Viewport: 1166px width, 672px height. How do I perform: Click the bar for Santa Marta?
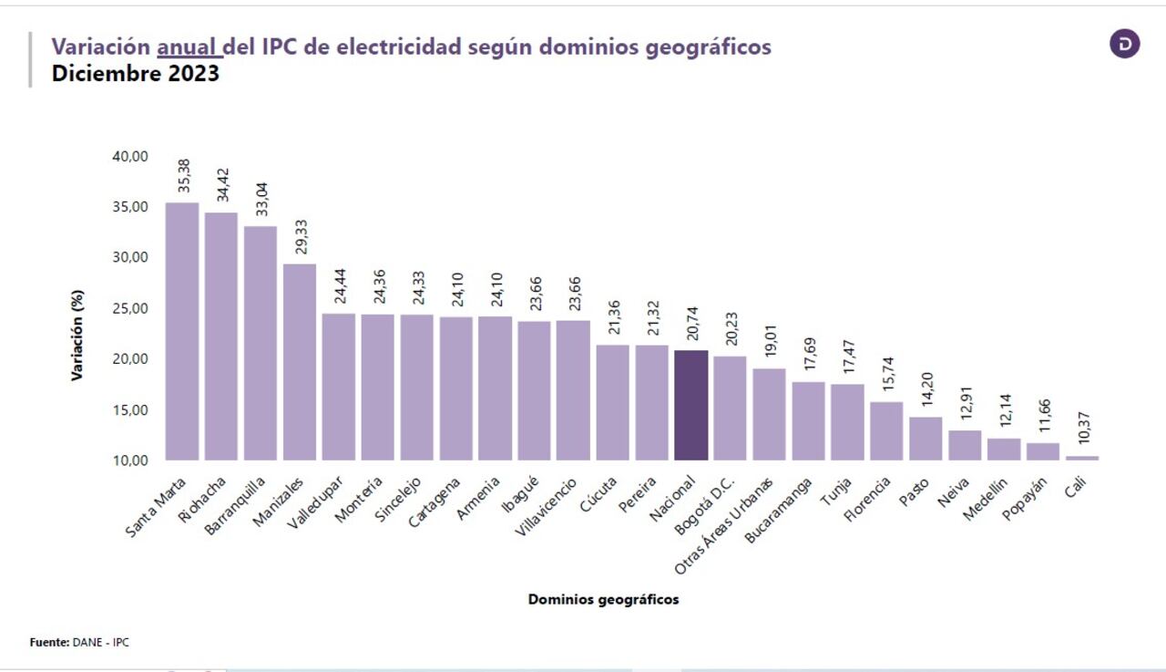click(x=182, y=331)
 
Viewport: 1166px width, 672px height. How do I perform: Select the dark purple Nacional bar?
click(x=690, y=405)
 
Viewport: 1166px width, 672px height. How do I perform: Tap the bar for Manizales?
click(x=300, y=362)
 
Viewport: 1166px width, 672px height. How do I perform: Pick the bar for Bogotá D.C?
click(x=730, y=408)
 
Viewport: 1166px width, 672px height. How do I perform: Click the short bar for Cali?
click(x=1082, y=458)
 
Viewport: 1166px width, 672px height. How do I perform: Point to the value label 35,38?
click(x=183, y=176)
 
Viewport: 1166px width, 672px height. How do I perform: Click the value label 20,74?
click(x=691, y=324)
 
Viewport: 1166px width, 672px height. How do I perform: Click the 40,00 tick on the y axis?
click(x=130, y=156)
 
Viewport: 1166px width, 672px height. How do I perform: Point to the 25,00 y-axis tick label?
click(x=130, y=308)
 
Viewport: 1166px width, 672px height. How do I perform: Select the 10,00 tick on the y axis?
click(x=130, y=460)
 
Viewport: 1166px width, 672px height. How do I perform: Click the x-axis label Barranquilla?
click(x=236, y=506)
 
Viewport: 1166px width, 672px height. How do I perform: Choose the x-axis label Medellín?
click(x=987, y=499)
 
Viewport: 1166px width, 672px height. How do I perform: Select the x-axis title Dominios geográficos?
click(x=603, y=600)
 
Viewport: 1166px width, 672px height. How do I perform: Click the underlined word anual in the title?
click(x=188, y=47)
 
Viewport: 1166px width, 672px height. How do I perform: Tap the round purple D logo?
click(x=1124, y=44)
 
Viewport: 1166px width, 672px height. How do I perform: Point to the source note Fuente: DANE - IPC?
click(x=79, y=643)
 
